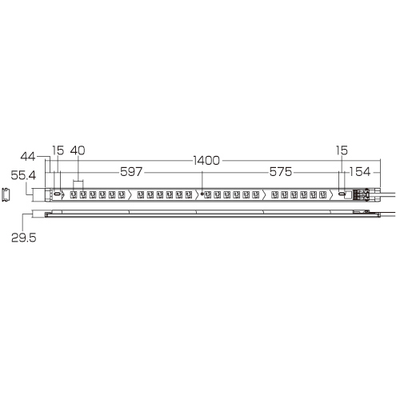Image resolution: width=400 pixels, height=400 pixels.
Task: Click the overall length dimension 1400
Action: [206, 161]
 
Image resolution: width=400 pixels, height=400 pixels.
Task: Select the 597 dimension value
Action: [131, 172]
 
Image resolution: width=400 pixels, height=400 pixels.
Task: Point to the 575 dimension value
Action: [281, 172]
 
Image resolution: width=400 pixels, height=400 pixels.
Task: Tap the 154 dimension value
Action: [360, 172]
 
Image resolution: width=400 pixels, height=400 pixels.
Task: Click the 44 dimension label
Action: [28, 157]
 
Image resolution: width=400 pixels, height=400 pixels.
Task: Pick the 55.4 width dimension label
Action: [23, 175]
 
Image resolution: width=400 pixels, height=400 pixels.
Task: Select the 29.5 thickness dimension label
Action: [23, 238]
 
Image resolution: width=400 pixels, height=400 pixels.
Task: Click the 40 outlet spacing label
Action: [78, 150]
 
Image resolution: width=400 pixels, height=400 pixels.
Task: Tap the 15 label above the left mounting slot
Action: [58, 150]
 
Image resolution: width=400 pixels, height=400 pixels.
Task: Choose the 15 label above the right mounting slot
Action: [342, 150]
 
